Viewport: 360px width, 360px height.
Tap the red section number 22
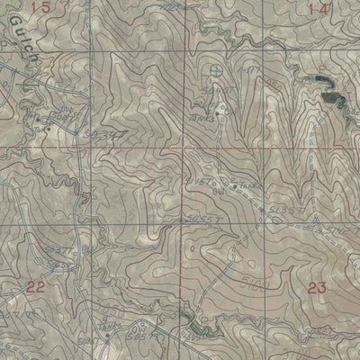[35, 287]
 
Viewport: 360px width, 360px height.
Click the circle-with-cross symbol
[214, 68]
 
